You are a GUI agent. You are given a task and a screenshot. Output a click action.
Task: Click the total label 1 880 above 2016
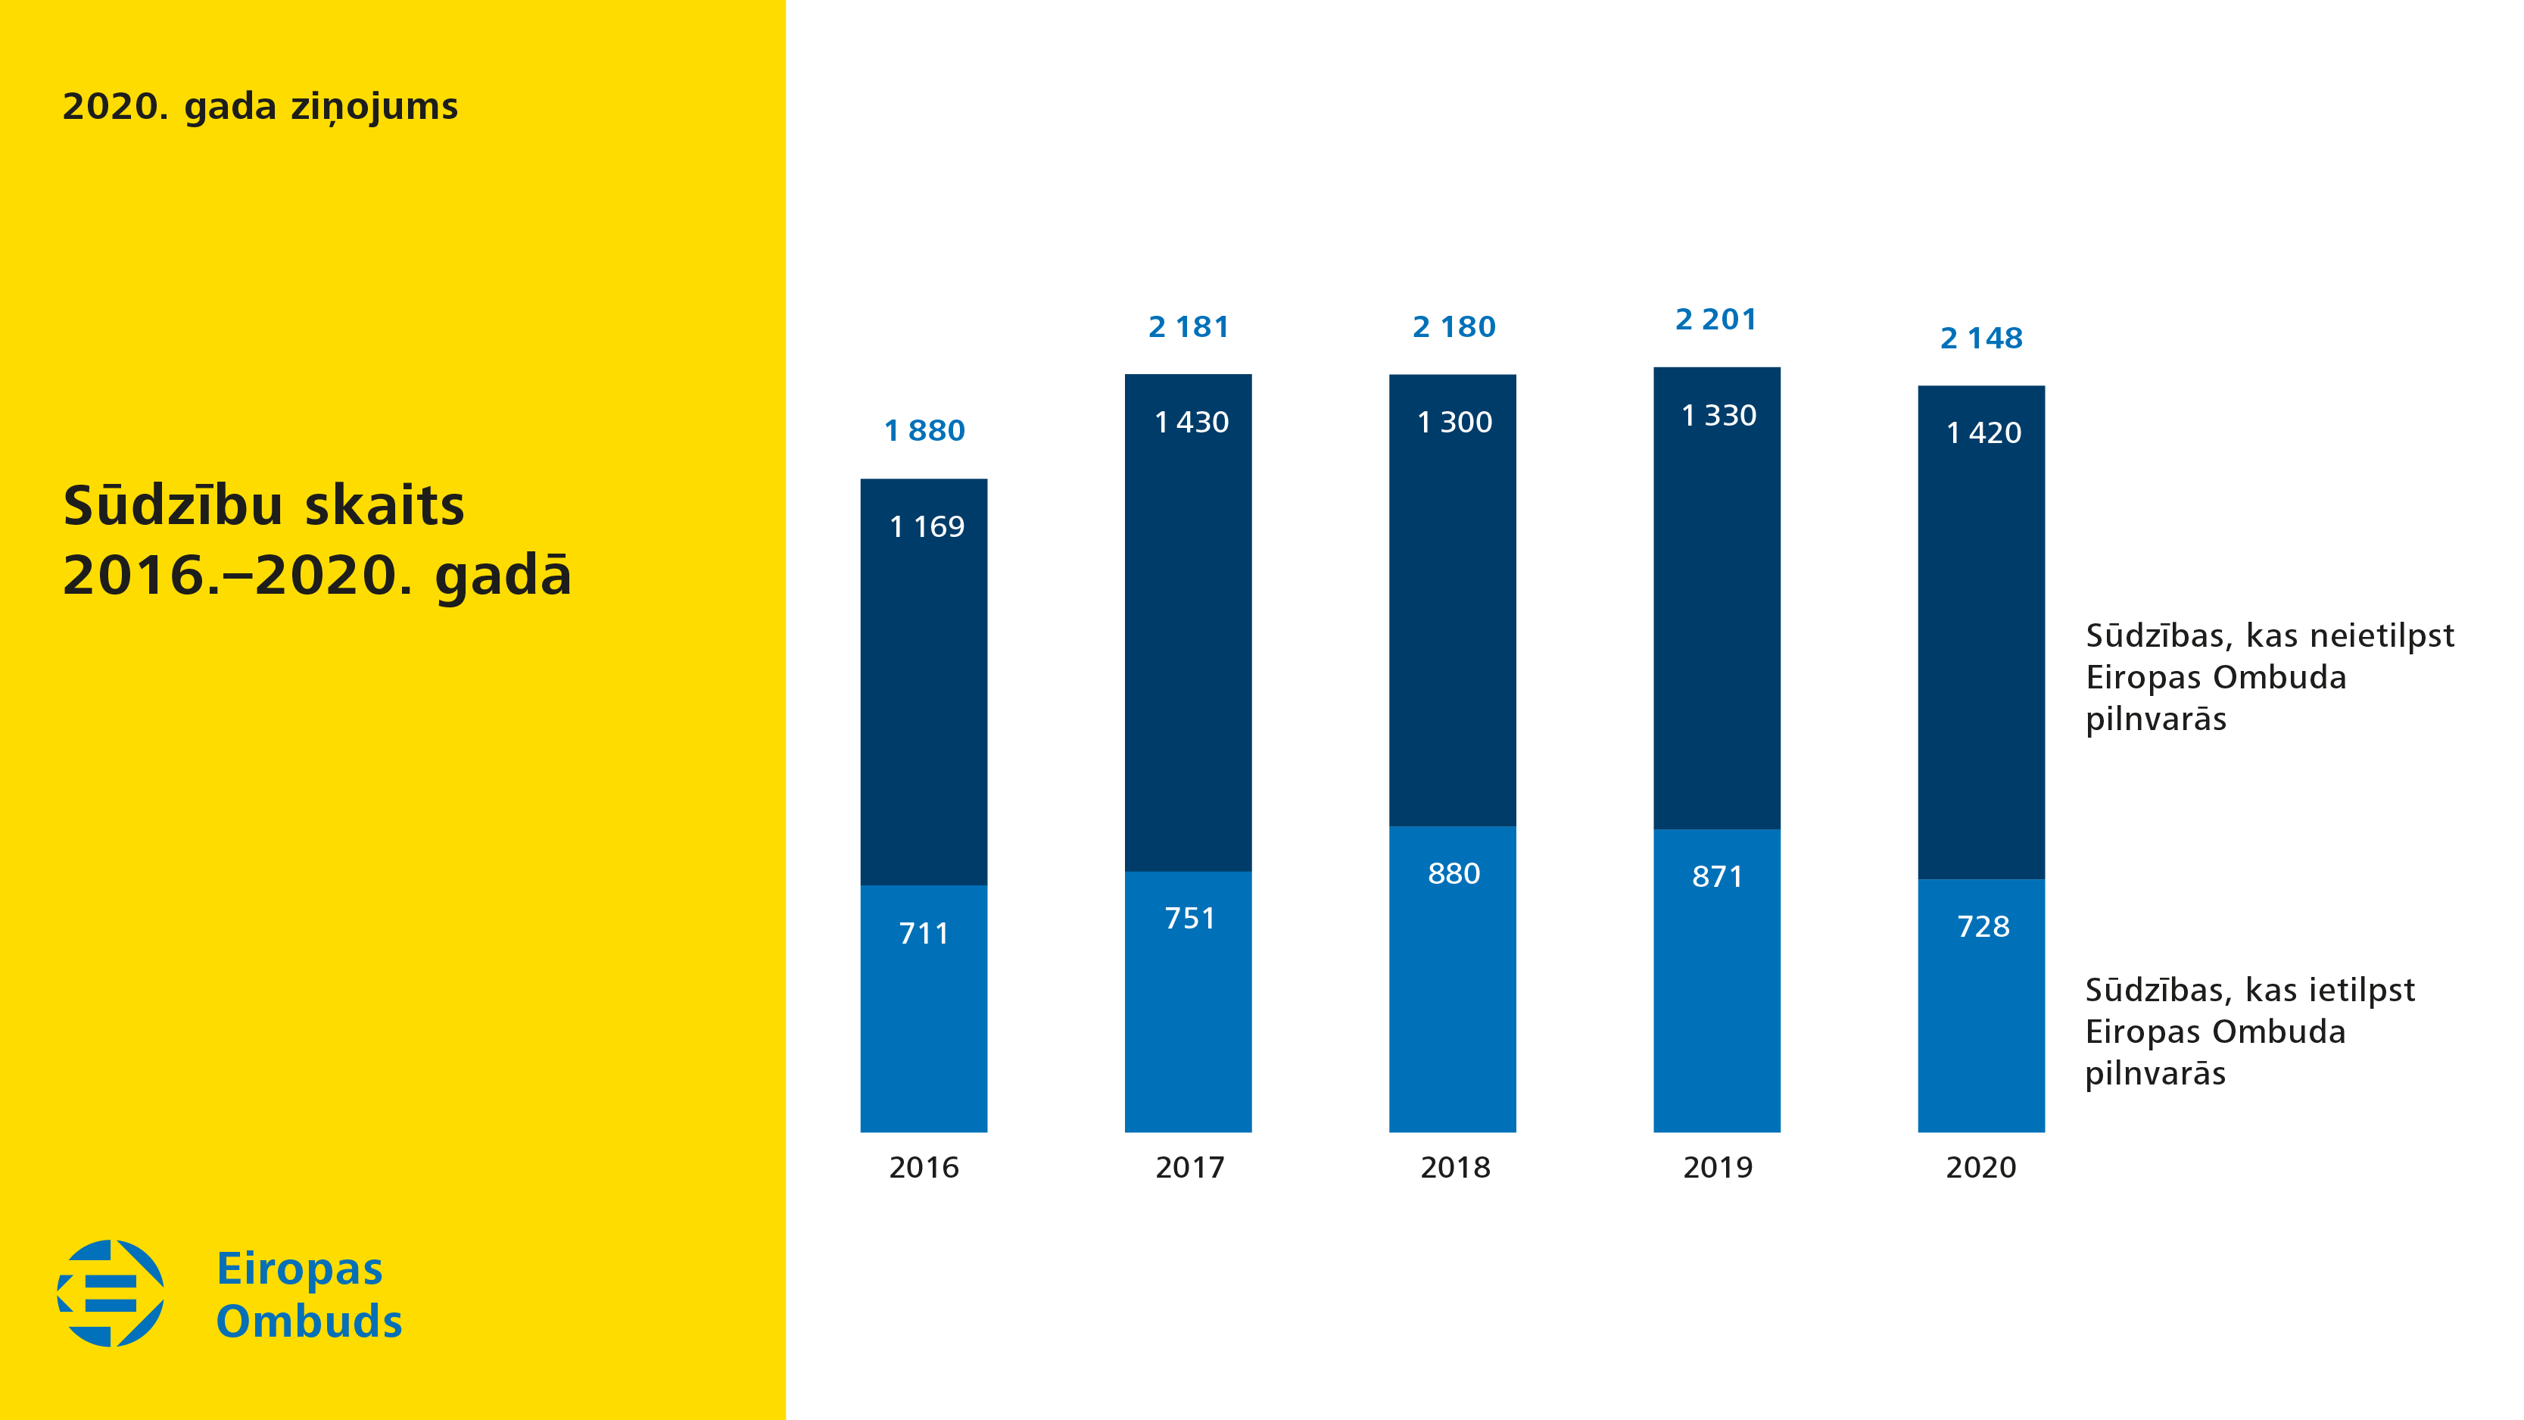924,430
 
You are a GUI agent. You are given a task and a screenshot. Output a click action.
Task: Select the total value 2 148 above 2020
1981,338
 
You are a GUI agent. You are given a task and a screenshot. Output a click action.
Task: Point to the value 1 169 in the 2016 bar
926,527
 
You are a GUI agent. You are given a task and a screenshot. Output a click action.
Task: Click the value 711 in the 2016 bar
924,933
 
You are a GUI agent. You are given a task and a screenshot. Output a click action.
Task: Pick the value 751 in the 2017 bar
1189,918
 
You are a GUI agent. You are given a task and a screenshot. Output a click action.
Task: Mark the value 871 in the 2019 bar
1717,876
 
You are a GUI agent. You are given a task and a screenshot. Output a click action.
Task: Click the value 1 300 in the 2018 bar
1454,423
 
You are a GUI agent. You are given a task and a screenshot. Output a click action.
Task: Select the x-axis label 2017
1189,1167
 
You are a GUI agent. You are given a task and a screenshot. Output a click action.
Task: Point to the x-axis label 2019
1717,1167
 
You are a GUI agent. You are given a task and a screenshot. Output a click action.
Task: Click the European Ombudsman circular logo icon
111,1293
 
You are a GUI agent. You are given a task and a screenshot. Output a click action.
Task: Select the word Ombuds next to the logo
309,1321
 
